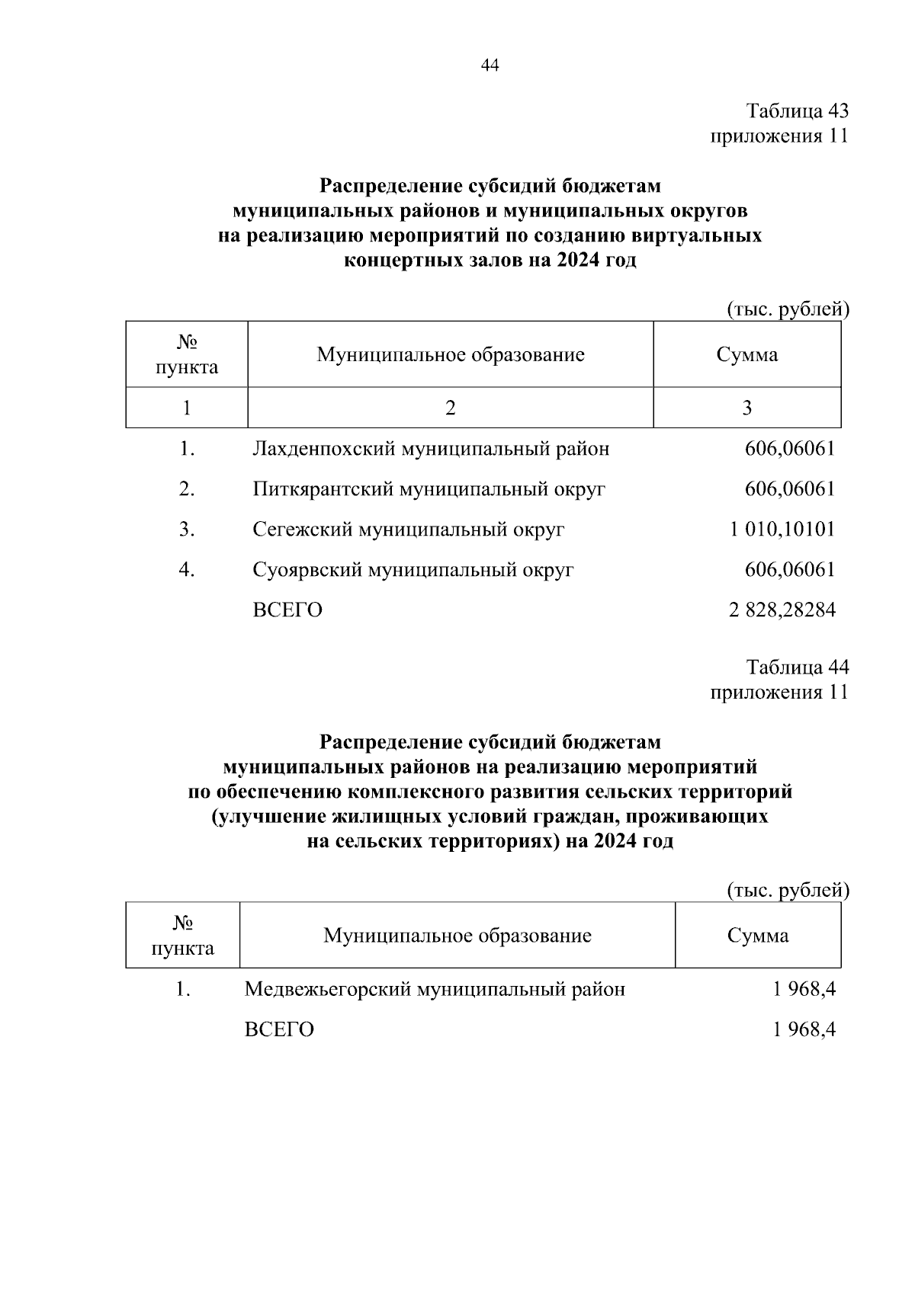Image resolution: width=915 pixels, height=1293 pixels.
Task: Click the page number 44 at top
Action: pos(490,66)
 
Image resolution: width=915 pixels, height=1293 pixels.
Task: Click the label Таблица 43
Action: pos(797,111)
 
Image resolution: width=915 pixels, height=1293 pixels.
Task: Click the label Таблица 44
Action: pos(797,667)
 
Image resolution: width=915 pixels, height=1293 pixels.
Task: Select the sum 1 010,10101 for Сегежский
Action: pos(782,529)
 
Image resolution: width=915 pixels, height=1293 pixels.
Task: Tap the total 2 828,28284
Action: pos(782,610)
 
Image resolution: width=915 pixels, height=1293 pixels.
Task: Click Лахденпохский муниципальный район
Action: pos(431,449)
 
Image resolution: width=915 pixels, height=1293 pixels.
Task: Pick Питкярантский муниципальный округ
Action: pos(429,489)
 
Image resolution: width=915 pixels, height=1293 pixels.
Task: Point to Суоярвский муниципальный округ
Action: pos(413,570)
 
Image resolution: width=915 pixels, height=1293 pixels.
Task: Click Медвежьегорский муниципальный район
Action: pos(435,990)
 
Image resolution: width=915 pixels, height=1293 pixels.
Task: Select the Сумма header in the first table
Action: pos(746,354)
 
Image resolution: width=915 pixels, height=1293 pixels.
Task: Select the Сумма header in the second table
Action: pos(757,936)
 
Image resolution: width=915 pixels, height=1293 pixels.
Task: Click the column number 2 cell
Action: pos(451,408)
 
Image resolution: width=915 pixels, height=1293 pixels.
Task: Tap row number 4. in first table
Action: pos(187,570)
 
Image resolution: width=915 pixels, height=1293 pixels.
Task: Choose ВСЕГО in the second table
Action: pos(279,1030)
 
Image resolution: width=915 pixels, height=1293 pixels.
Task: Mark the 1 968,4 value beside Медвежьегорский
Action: pos(804,990)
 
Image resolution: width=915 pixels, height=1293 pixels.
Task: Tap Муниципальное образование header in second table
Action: pos(457,936)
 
